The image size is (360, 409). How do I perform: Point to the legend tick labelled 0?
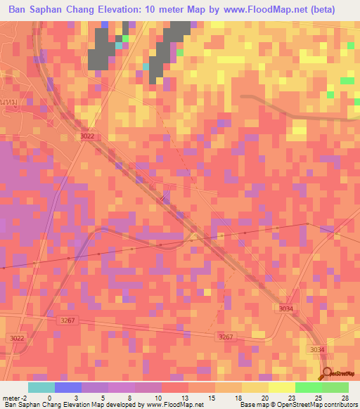coord(49,397)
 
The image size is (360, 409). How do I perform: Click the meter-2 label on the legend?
coord(14,397)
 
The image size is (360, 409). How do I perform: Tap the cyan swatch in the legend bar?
coord(41,387)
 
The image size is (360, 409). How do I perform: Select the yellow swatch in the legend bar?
coord(281,387)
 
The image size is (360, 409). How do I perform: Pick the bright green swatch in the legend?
coord(308,387)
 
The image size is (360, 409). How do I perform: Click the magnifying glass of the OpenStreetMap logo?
coord(328,373)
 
